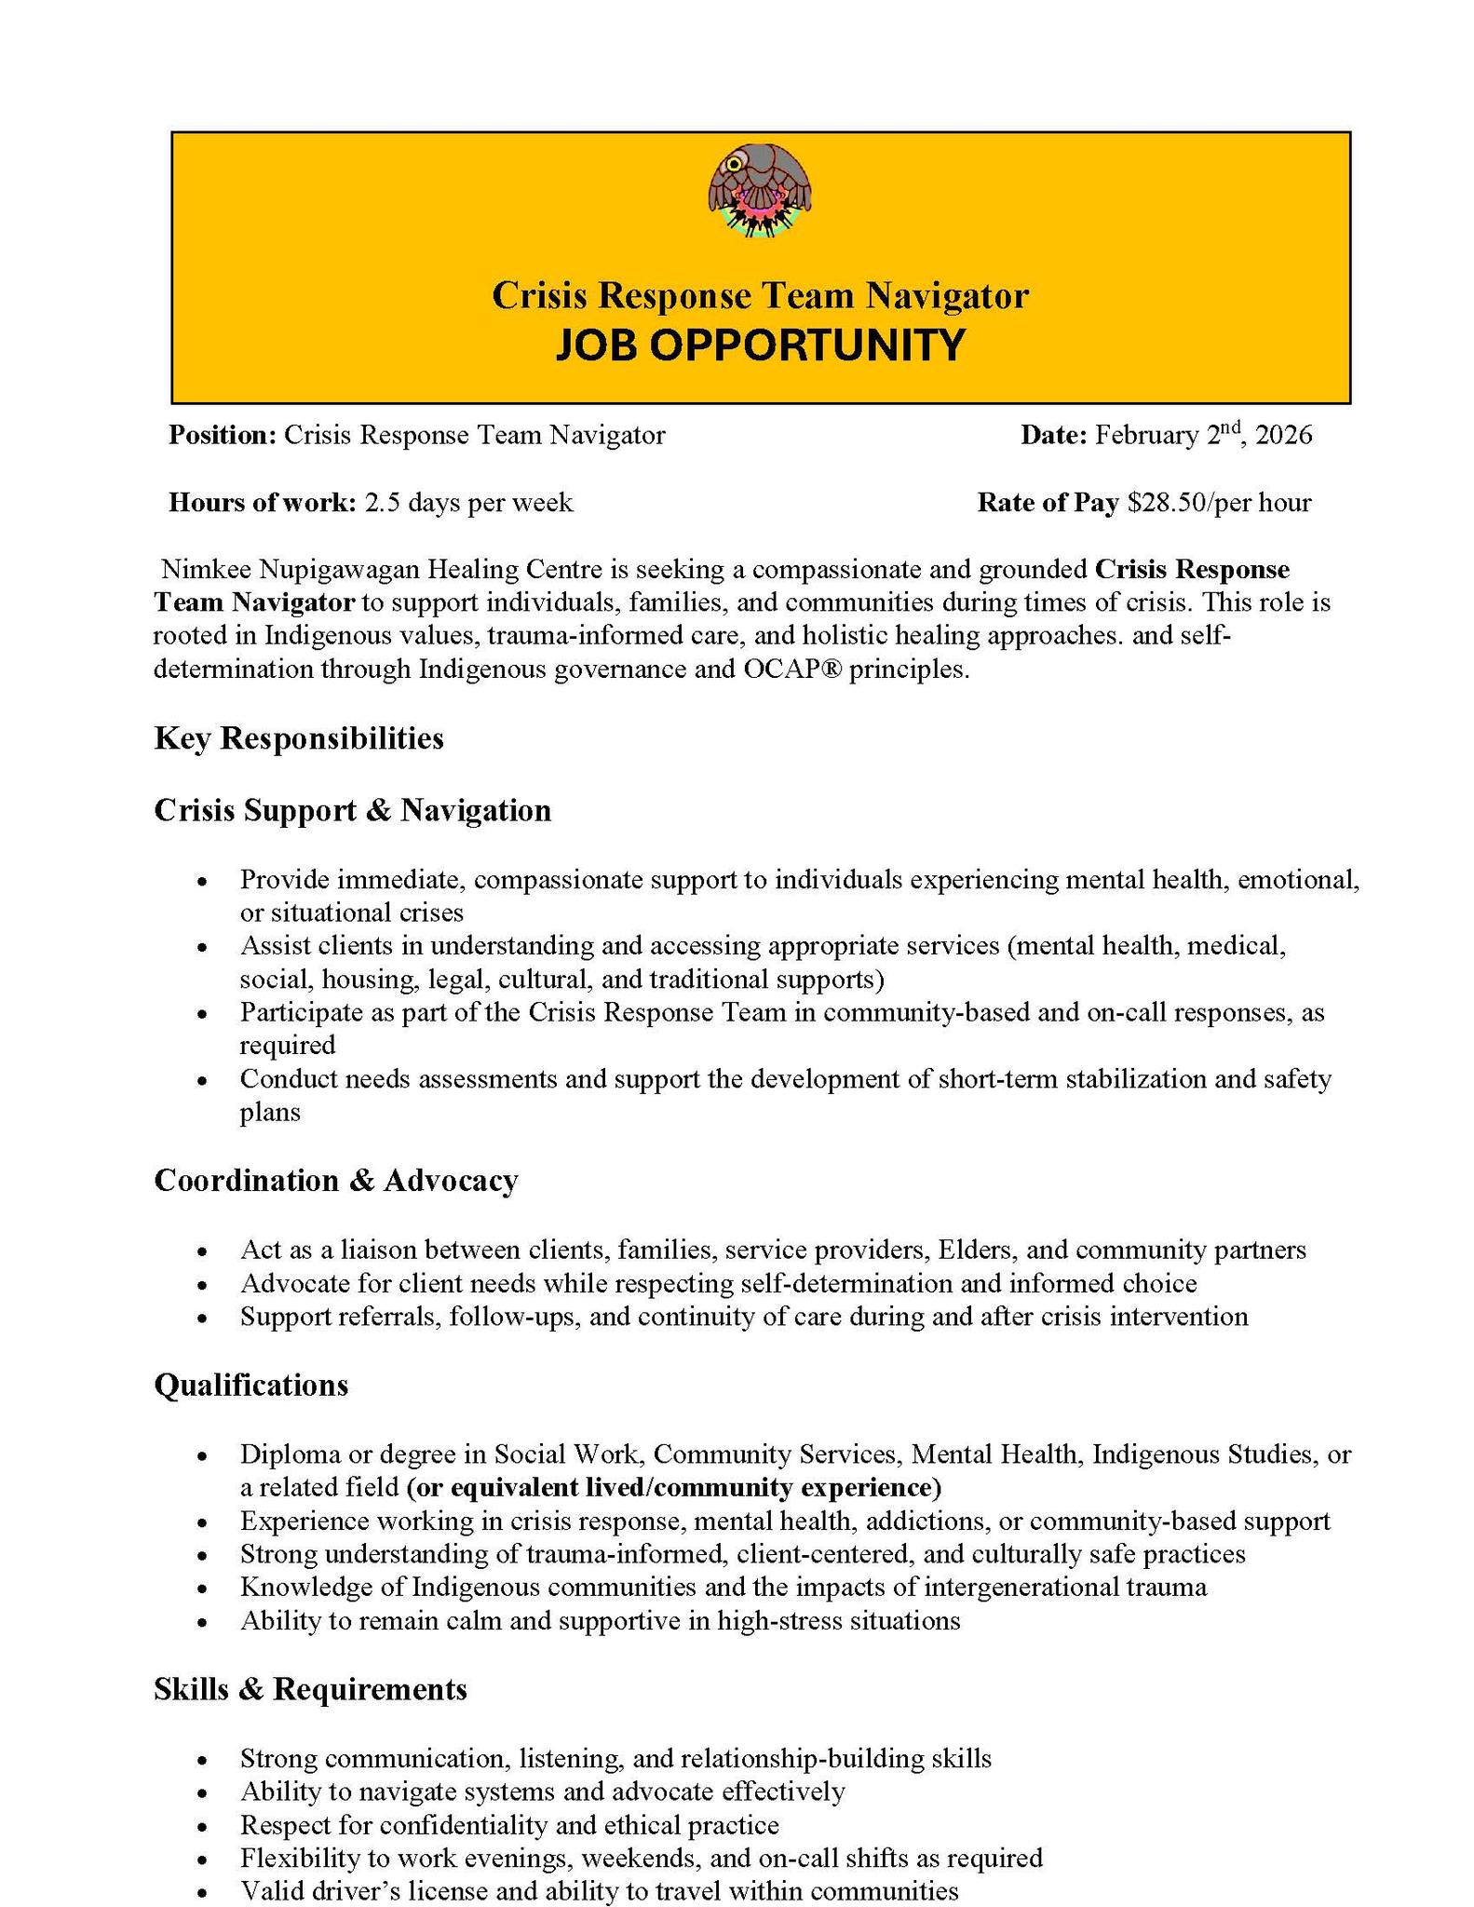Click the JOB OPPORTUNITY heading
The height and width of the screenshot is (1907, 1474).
point(760,345)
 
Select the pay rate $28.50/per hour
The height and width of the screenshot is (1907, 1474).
point(1218,504)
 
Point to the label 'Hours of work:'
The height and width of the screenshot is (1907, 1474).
point(262,504)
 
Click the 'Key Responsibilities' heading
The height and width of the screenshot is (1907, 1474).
point(298,738)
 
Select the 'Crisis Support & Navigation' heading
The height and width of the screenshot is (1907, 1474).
point(352,810)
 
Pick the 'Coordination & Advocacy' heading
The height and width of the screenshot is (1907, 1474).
point(335,1181)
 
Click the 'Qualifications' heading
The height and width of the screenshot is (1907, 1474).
point(250,1386)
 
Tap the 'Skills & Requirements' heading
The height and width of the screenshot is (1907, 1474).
point(310,1689)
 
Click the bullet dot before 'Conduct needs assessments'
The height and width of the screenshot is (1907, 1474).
point(203,1081)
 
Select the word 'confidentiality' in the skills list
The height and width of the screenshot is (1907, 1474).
point(453,1825)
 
